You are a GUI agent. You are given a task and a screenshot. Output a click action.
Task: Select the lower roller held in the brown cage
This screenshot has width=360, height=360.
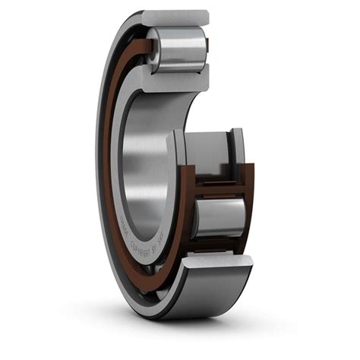click(218, 217)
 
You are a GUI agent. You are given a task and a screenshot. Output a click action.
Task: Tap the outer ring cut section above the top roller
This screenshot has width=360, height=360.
click(175, 17)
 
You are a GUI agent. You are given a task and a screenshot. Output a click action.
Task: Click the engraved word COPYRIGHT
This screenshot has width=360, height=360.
click(139, 246)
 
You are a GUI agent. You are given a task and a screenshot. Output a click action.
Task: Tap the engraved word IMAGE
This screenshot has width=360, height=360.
click(122, 222)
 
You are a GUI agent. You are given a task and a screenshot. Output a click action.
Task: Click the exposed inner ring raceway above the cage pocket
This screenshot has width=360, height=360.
click(209, 152)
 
